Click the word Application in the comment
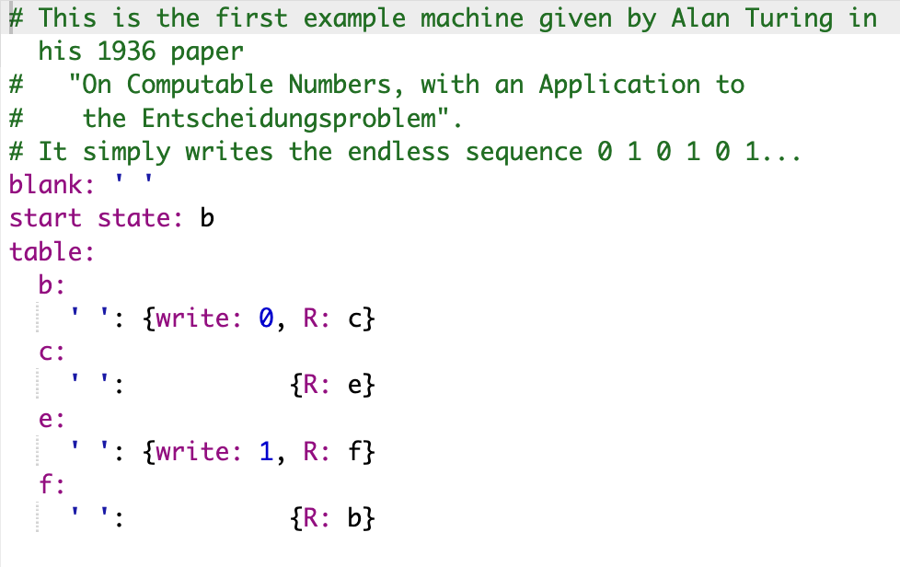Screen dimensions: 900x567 click(x=620, y=85)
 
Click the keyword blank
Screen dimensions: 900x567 click(x=45, y=185)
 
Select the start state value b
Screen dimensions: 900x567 click(x=207, y=219)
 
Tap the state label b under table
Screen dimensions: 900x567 click(x=46, y=285)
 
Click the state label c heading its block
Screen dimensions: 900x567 click(x=46, y=353)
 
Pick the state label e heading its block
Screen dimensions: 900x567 click(x=46, y=420)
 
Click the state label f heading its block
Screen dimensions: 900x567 click(x=45, y=486)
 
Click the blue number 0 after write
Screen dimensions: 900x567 click(x=266, y=319)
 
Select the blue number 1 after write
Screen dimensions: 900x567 click(x=266, y=453)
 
